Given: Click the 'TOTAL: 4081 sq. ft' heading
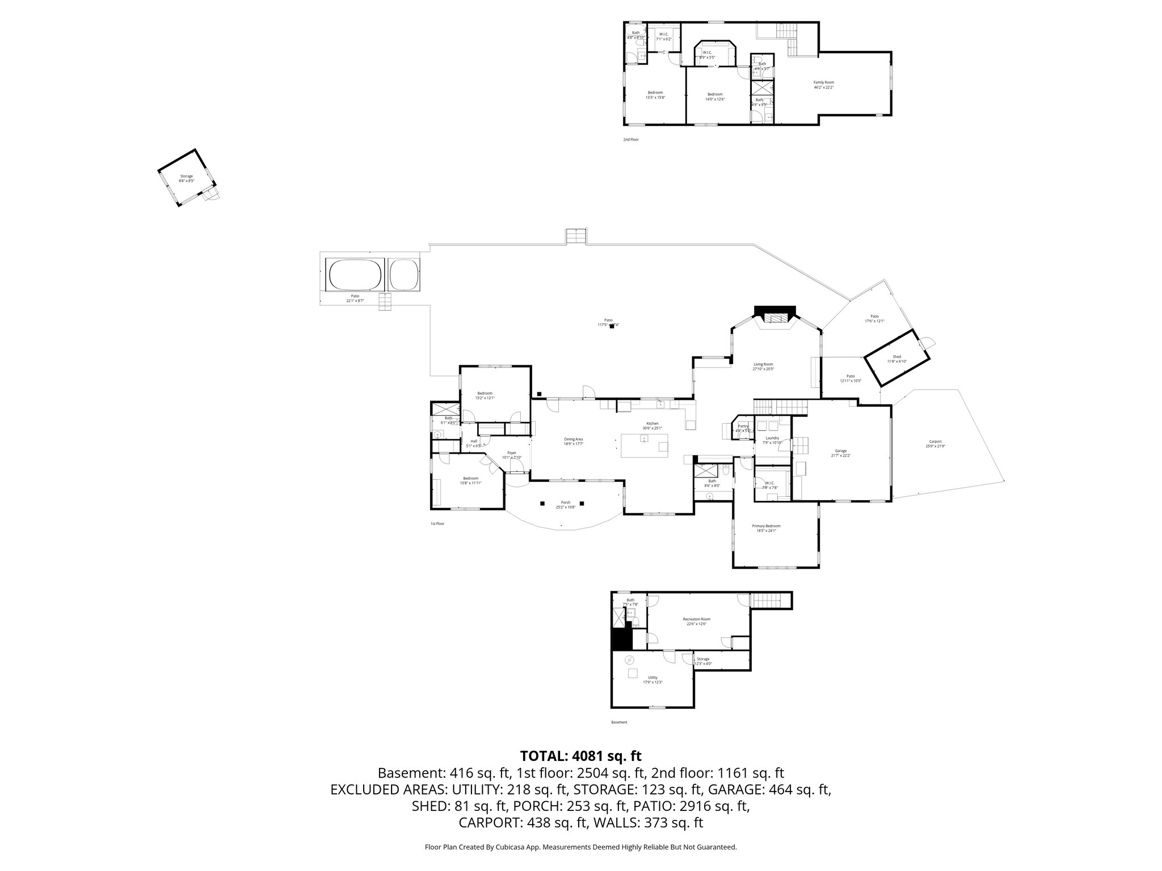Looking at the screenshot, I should (x=580, y=756).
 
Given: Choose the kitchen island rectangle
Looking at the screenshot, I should (x=645, y=445).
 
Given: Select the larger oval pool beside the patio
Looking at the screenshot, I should (x=355, y=275).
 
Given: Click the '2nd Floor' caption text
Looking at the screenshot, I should (x=630, y=139).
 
